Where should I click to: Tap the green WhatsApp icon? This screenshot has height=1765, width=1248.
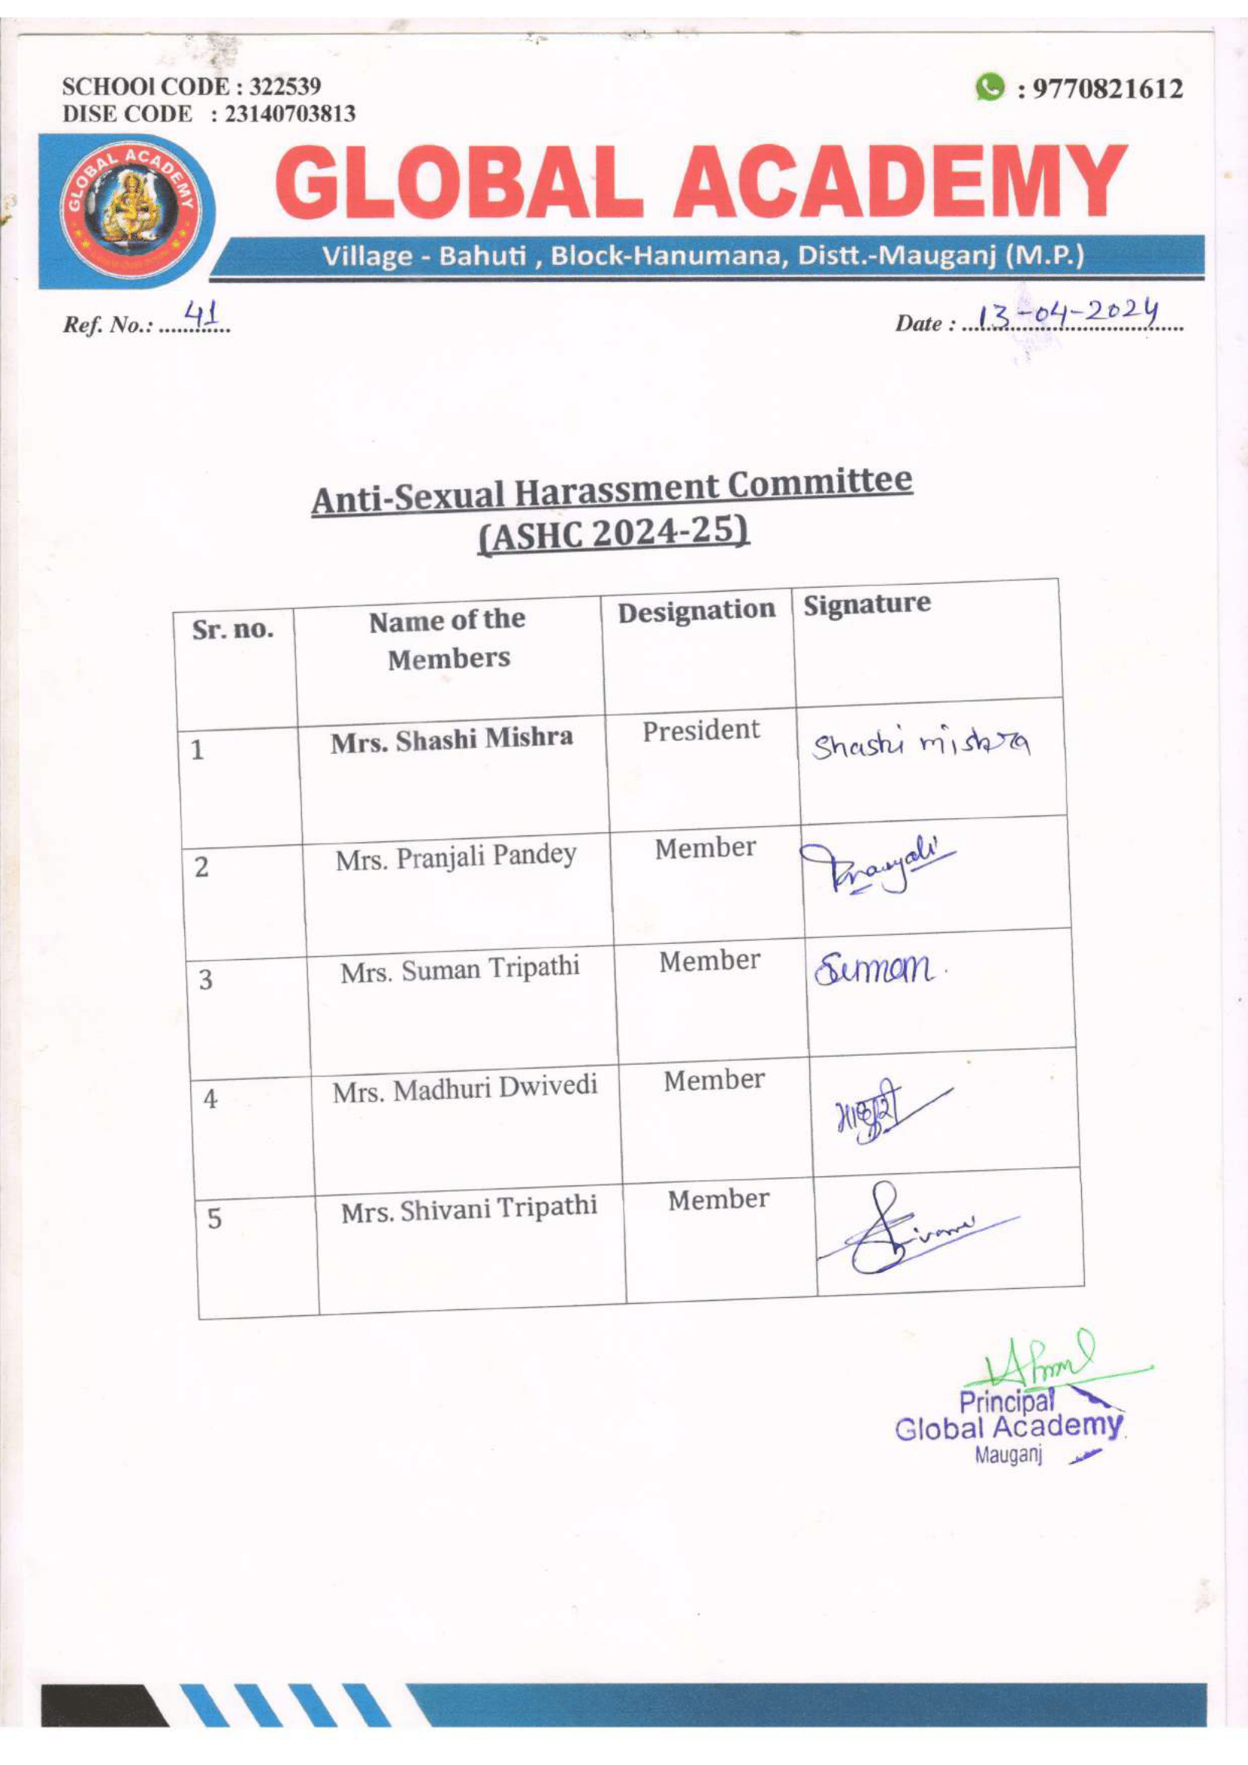[x=990, y=87]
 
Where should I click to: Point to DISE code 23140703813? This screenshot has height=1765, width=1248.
[x=289, y=115]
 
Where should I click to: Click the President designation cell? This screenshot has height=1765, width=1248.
[x=701, y=730]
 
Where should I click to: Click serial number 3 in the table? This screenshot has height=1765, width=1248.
[x=205, y=980]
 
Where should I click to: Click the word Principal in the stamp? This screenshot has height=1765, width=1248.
[x=1006, y=1401]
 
